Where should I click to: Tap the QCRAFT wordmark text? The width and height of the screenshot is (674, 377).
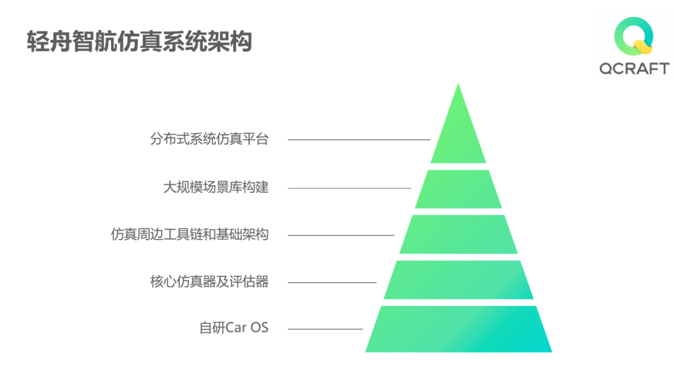[x=634, y=69]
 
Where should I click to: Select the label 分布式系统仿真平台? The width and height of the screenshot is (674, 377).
[x=209, y=139]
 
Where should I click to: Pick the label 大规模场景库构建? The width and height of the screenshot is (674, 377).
[x=216, y=187]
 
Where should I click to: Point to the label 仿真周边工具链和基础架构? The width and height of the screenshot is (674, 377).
[x=190, y=235]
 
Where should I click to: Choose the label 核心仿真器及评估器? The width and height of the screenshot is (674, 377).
[x=209, y=282]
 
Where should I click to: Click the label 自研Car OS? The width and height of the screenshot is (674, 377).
[x=233, y=328]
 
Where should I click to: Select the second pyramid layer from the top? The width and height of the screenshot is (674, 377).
[x=458, y=189]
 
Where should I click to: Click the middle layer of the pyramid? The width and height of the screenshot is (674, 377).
[x=458, y=235]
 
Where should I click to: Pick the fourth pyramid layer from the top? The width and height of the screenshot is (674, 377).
[x=458, y=280]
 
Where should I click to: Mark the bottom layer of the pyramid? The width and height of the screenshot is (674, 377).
[x=458, y=329]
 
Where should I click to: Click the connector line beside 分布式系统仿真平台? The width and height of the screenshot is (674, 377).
[x=359, y=140]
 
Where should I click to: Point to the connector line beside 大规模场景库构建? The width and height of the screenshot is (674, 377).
[x=349, y=188]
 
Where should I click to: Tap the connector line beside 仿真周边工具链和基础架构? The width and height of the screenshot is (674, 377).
[x=341, y=235]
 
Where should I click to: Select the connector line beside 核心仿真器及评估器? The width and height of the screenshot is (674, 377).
[x=332, y=282]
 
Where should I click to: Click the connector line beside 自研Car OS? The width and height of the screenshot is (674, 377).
[x=325, y=328]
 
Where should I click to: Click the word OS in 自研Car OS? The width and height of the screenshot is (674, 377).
[x=260, y=328]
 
